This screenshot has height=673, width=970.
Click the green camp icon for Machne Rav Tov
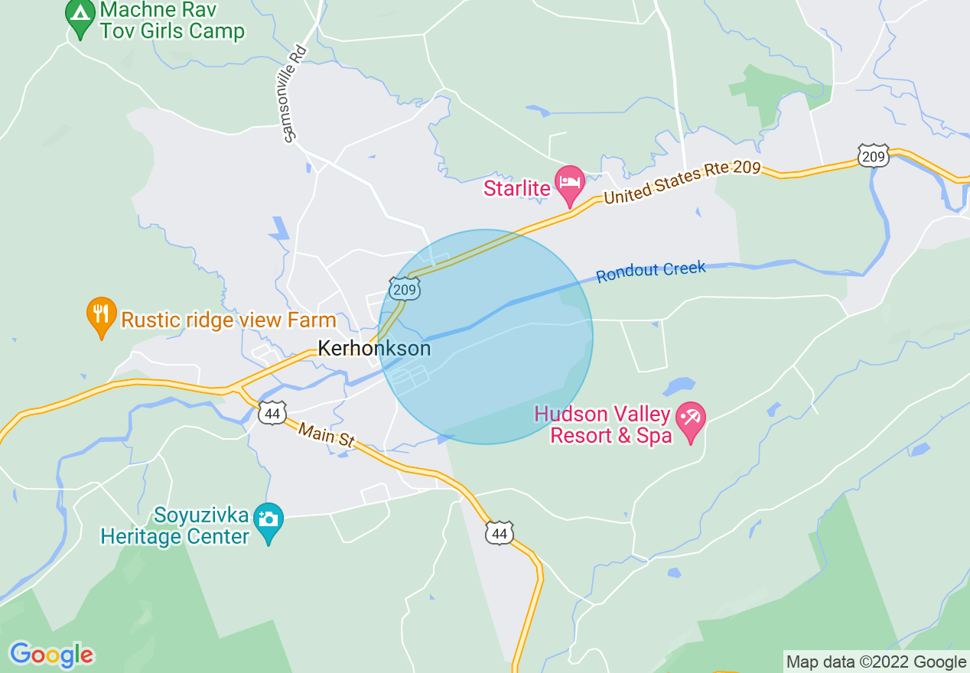(x=80, y=16)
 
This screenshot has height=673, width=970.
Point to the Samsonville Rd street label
(x=295, y=93)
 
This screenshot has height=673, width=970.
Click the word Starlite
(x=517, y=187)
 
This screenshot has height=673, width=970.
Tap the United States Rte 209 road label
(x=682, y=182)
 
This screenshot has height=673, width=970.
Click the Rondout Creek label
(x=651, y=271)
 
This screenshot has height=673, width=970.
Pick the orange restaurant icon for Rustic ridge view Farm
(x=102, y=315)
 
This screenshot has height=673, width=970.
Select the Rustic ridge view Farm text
(x=229, y=320)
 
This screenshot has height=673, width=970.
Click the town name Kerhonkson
(x=374, y=349)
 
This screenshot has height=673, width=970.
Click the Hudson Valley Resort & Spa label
(x=603, y=425)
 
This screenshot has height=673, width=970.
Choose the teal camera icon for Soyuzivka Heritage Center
(x=268, y=521)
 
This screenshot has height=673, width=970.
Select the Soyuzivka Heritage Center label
(x=175, y=525)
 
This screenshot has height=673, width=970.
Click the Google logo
(x=51, y=655)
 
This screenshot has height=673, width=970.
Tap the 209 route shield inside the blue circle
(x=404, y=289)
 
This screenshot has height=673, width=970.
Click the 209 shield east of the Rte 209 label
(x=873, y=157)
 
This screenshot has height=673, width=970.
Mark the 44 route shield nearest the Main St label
(x=272, y=413)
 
